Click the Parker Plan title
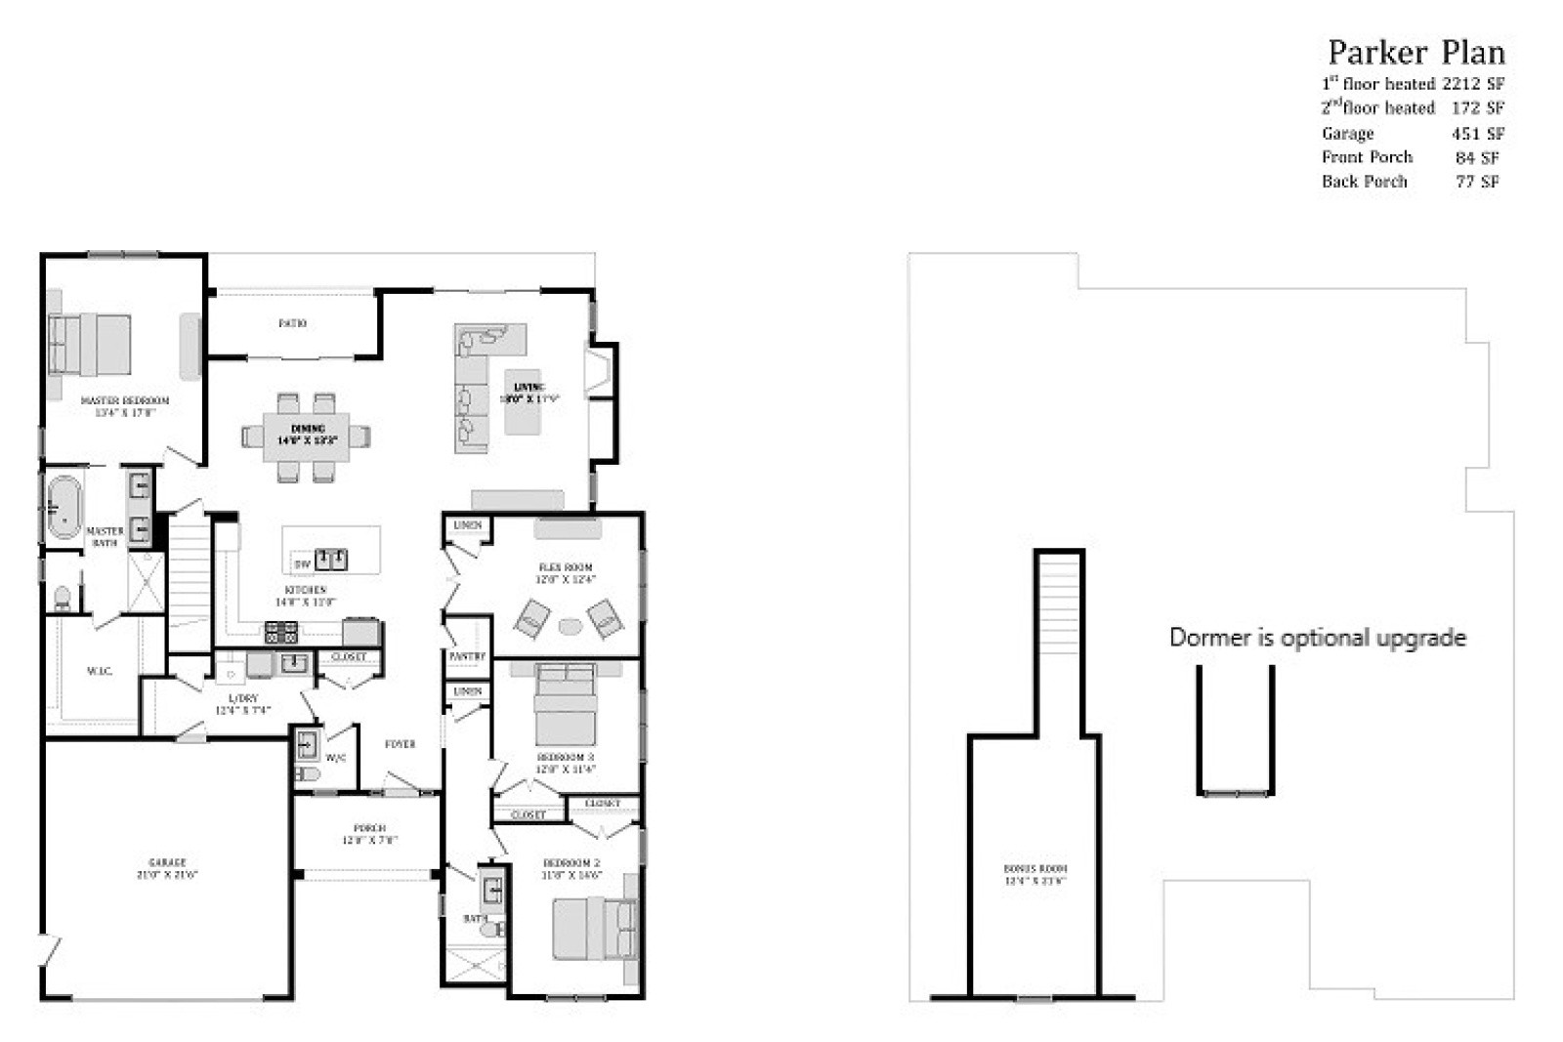point(1415,52)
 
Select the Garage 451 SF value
point(1477,134)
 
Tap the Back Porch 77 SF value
point(1477,182)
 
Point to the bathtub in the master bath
point(63,506)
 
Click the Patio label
point(292,323)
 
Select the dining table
point(306,436)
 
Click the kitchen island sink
point(331,560)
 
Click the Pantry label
point(467,657)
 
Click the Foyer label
point(400,744)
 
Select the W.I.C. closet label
point(100,671)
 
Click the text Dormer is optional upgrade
point(1317,638)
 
